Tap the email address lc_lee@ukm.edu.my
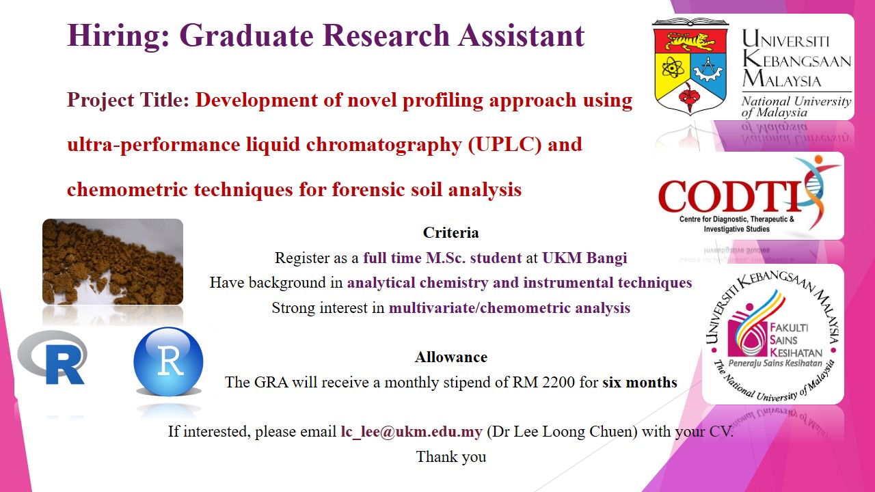tap(412, 432)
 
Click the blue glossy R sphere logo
tap(168, 361)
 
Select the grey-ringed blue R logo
tap(52, 357)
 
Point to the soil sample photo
tap(113, 262)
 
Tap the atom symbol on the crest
tap(673, 69)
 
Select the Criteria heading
tap(450, 233)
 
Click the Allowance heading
tap(451, 357)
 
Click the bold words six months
tap(640, 382)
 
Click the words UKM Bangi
tap(584, 258)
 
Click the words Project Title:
tap(129, 100)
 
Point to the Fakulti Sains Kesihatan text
tap(796, 340)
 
